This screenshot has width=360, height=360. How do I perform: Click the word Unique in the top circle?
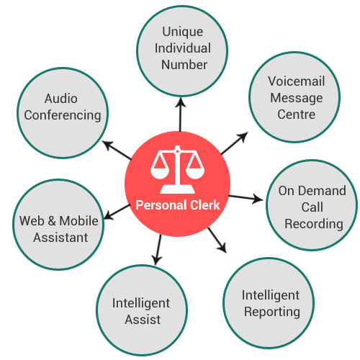click(x=183, y=32)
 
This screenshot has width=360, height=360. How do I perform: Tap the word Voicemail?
click(x=297, y=81)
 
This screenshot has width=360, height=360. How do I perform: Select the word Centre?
click(x=297, y=114)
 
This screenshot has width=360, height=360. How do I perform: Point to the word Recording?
click(x=314, y=225)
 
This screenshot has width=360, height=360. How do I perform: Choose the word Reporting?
click(x=272, y=312)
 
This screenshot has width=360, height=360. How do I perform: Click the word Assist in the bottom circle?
click(x=143, y=320)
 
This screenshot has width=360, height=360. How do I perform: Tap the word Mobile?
click(x=78, y=221)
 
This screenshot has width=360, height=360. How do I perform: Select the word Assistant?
click(x=60, y=238)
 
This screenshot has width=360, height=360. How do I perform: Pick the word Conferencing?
click(x=63, y=115)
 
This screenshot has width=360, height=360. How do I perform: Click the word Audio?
click(x=61, y=99)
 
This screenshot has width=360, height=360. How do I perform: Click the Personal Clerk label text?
click(x=178, y=205)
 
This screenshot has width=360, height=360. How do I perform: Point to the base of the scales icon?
click(x=177, y=189)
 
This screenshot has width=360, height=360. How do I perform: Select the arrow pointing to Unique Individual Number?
click(x=181, y=114)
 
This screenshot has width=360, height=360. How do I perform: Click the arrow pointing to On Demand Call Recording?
click(x=246, y=198)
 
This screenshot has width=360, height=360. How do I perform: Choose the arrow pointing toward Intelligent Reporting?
click(x=217, y=240)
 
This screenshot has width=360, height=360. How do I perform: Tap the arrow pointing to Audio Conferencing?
click(x=117, y=150)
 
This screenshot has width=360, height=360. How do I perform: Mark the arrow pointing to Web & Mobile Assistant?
click(x=117, y=212)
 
